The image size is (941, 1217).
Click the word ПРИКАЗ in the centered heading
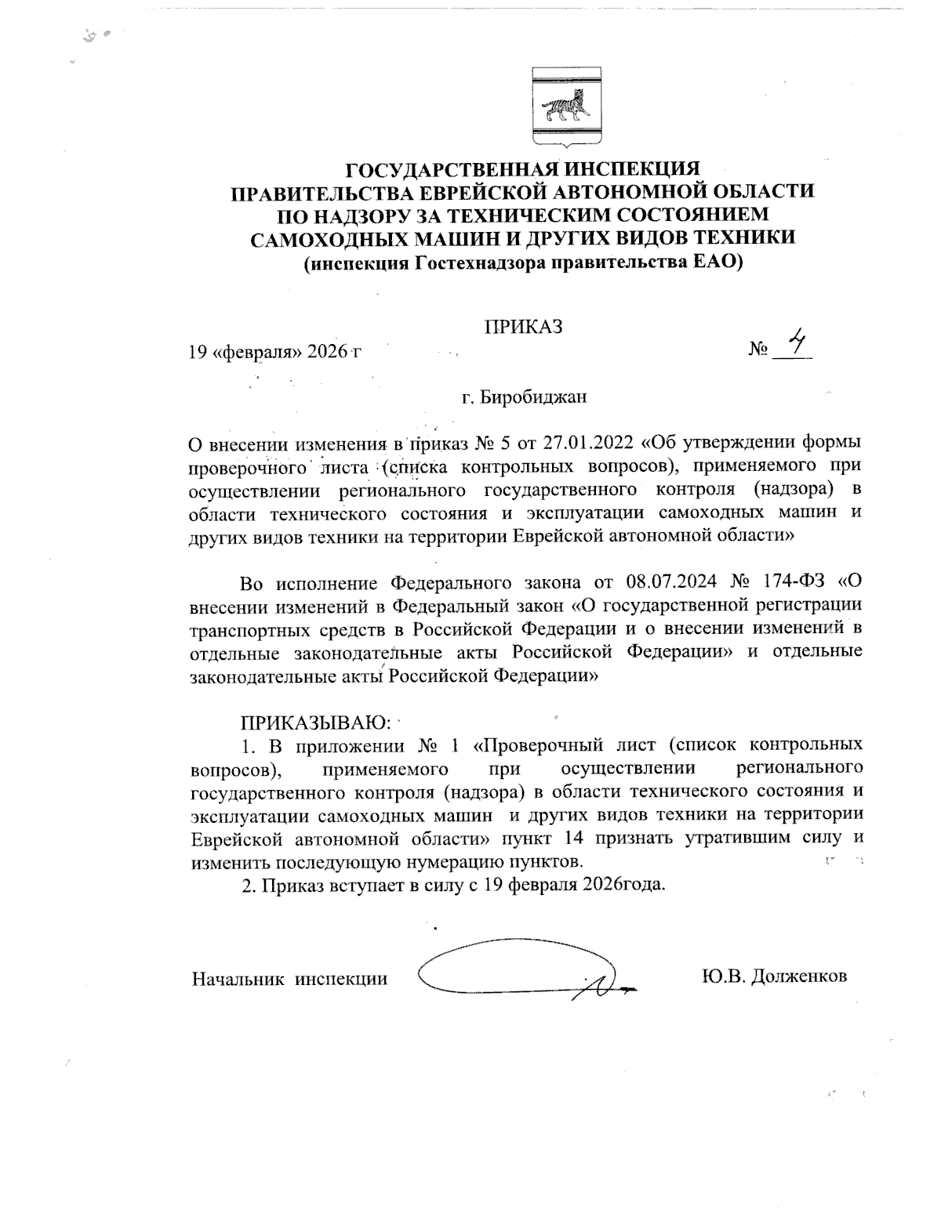click(522, 326)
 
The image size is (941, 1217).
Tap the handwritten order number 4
click(797, 342)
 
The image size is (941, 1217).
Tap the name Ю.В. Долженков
click(775, 977)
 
